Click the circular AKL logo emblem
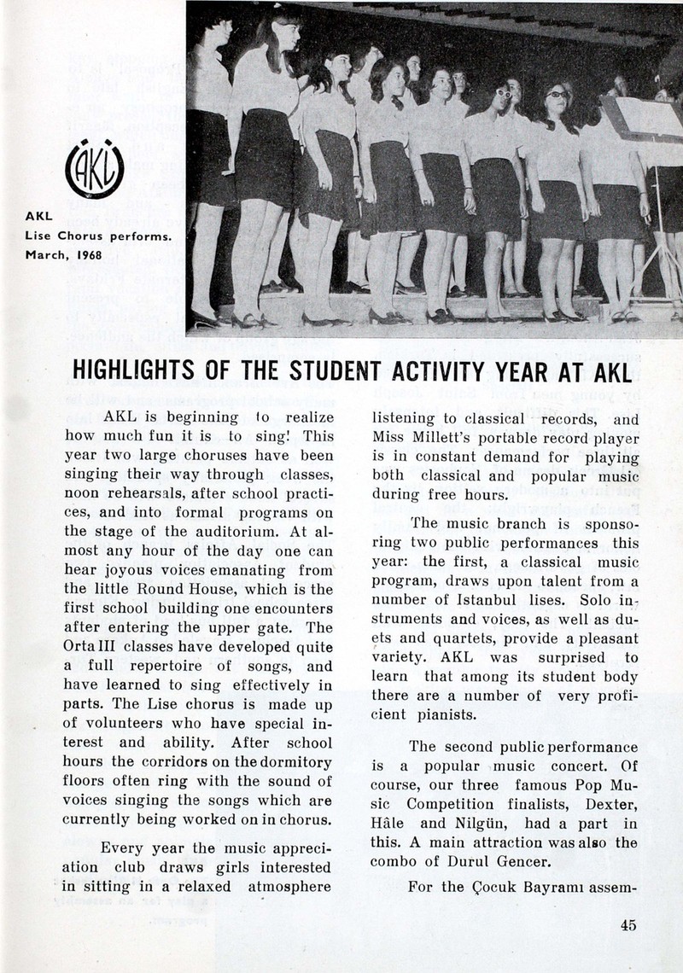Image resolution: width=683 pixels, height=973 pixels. (x=94, y=169)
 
